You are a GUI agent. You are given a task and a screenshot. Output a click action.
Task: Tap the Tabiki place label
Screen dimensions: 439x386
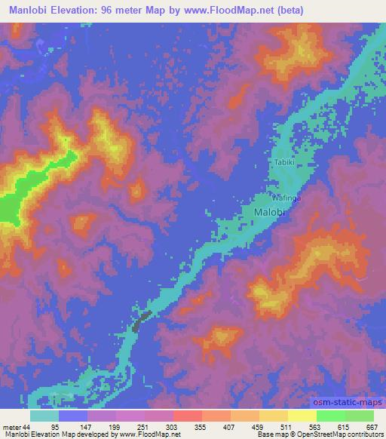[x=283, y=161]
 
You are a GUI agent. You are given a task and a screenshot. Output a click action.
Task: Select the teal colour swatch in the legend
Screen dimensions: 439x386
[x=44, y=416]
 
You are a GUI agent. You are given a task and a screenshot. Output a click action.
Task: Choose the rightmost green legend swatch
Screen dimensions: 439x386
[x=360, y=416]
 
